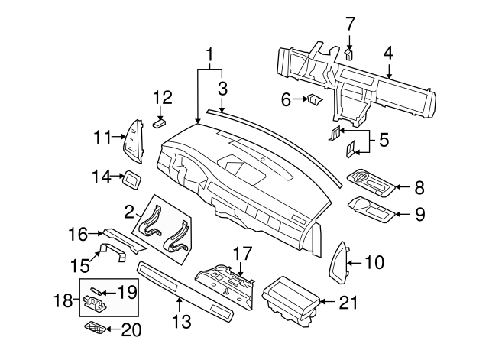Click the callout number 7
coord(350,24)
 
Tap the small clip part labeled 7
coord(348,54)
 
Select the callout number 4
coord(388,54)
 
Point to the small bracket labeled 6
coord(315,99)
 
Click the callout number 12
coord(163,97)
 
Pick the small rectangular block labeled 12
coord(160,124)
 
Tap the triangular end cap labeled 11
coord(134,141)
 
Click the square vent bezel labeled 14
coord(132,180)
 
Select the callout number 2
coord(129,212)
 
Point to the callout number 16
coord(78,234)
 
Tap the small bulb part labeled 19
coord(96,291)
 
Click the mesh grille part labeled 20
coord(95,327)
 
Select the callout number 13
coord(182,321)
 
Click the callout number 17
coord(242,254)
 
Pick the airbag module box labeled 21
coord(291,302)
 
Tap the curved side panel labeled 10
coord(339,262)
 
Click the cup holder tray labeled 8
coord(371,183)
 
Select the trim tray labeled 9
coord(372,210)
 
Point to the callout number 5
coord(384,140)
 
